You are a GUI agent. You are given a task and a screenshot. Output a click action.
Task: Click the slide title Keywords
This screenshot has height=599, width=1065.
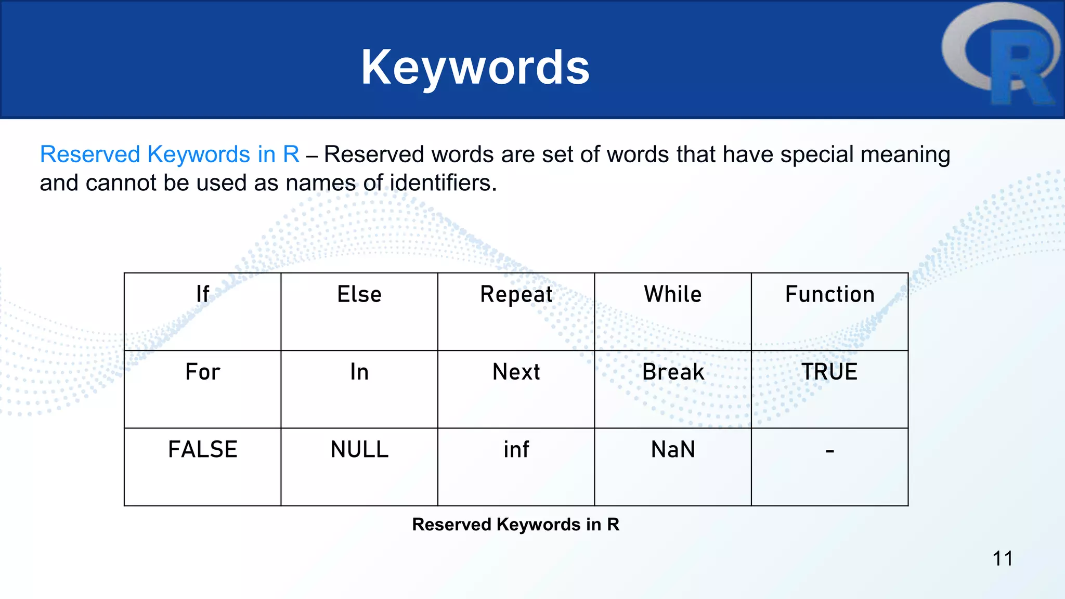pyautogui.click(x=475, y=67)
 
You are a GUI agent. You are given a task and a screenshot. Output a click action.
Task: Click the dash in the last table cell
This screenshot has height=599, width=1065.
pyautogui.click(x=829, y=451)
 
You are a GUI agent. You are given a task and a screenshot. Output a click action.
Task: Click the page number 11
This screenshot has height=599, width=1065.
pyautogui.click(x=1002, y=559)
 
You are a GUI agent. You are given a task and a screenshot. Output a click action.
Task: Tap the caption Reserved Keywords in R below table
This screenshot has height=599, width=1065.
pyautogui.click(x=515, y=525)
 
